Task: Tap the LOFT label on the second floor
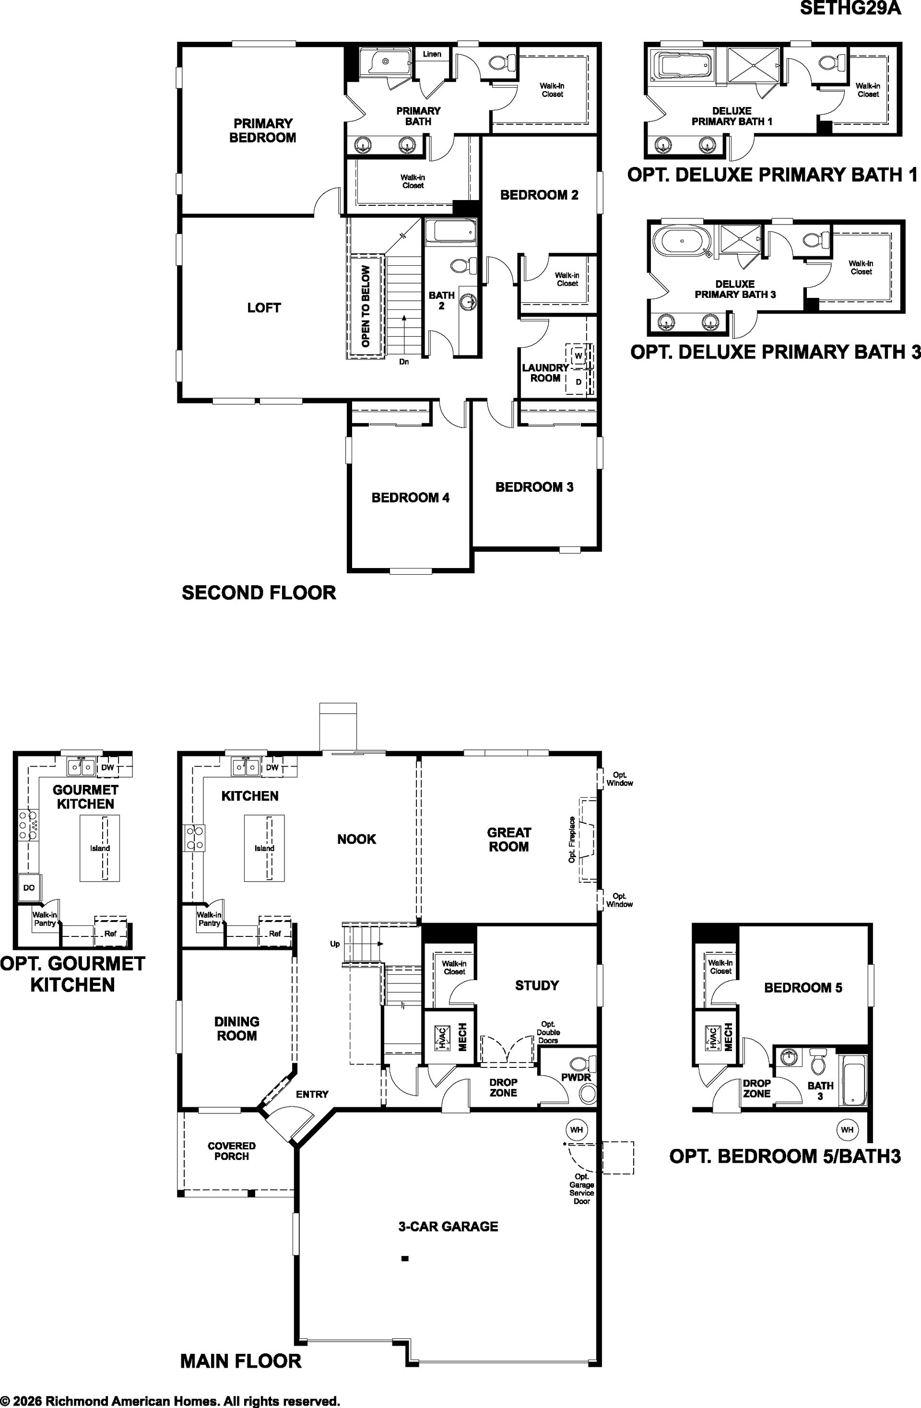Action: tap(264, 308)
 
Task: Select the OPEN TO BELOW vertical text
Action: tap(366, 307)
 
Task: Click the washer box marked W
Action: tap(578, 355)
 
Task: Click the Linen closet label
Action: tap(432, 54)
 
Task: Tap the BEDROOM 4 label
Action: tap(411, 498)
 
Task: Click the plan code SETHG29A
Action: tap(850, 8)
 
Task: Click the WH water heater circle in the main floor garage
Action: tap(576, 1129)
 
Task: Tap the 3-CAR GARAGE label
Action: tap(449, 1226)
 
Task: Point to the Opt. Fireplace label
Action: tap(572, 840)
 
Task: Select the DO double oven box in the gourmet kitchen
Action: tap(29, 887)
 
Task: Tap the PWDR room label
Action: tap(576, 1077)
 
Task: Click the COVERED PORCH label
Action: tap(231, 1151)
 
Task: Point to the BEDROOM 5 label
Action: tap(803, 987)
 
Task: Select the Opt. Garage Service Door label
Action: tap(581, 1188)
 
